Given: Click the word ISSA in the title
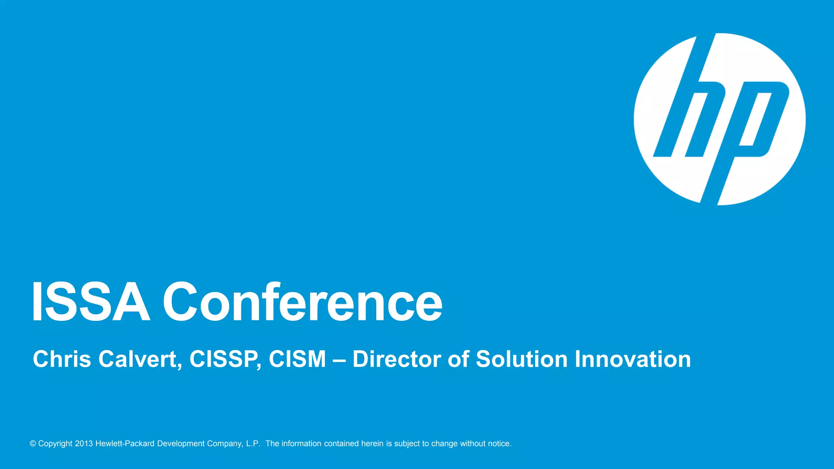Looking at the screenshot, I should (x=90, y=302).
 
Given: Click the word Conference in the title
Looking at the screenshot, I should (x=302, y=302).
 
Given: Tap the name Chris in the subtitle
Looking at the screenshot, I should (x=61, y=359).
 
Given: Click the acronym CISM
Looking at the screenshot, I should (x=297, y=359).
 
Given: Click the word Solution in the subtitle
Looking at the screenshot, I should (x=521, y=359).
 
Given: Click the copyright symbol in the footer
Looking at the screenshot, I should (x=33, y=444).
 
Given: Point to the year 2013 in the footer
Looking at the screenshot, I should (x=84, y=444).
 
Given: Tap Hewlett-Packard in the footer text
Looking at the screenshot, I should (x=125, y=444).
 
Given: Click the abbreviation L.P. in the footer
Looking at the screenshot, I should (x=253, y=444).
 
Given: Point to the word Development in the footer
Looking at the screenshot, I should (x=181, y=444).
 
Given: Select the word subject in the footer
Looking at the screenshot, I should (x=407, y=444).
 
